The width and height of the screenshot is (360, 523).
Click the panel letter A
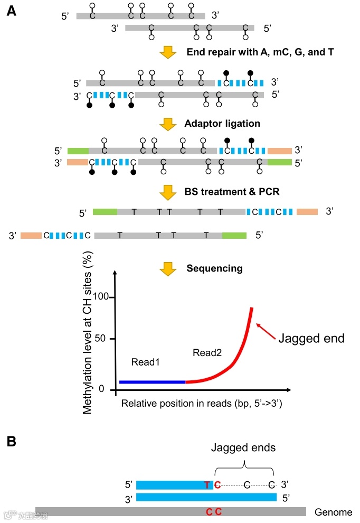(11, 10)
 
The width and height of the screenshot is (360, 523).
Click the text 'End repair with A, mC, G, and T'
(260, 52)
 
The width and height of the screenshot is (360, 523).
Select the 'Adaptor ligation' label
(222, 124)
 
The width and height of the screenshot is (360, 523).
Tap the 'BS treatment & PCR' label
(233, 191)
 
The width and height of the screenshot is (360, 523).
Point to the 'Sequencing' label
(214, 268)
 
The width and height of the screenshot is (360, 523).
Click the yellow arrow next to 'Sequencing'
(168, 269)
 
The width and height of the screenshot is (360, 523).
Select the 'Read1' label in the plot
(145, 362)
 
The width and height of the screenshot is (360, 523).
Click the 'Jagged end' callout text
(311, 338)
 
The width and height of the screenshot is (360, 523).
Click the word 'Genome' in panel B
(333, 512)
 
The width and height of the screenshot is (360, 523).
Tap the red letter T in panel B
(207, 485)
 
